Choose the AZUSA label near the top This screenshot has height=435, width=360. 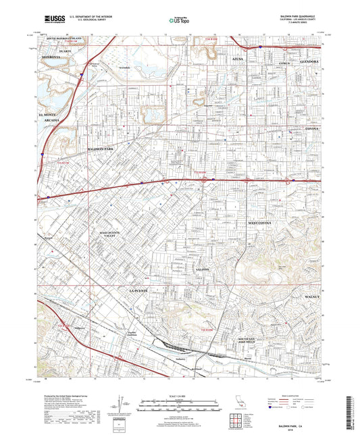click(x=238, y=60)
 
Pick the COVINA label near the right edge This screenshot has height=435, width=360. click(x=314, y=128)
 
